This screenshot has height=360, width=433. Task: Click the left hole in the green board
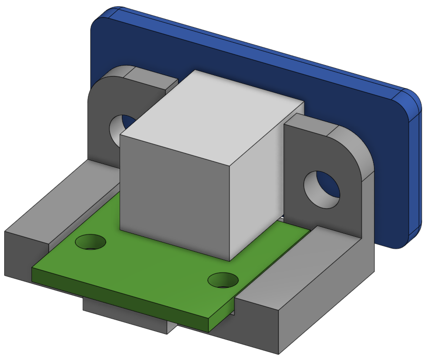click(91, 242)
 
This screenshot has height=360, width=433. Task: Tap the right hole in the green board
click(223, 280)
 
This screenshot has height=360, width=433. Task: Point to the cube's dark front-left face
click(174, 193)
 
